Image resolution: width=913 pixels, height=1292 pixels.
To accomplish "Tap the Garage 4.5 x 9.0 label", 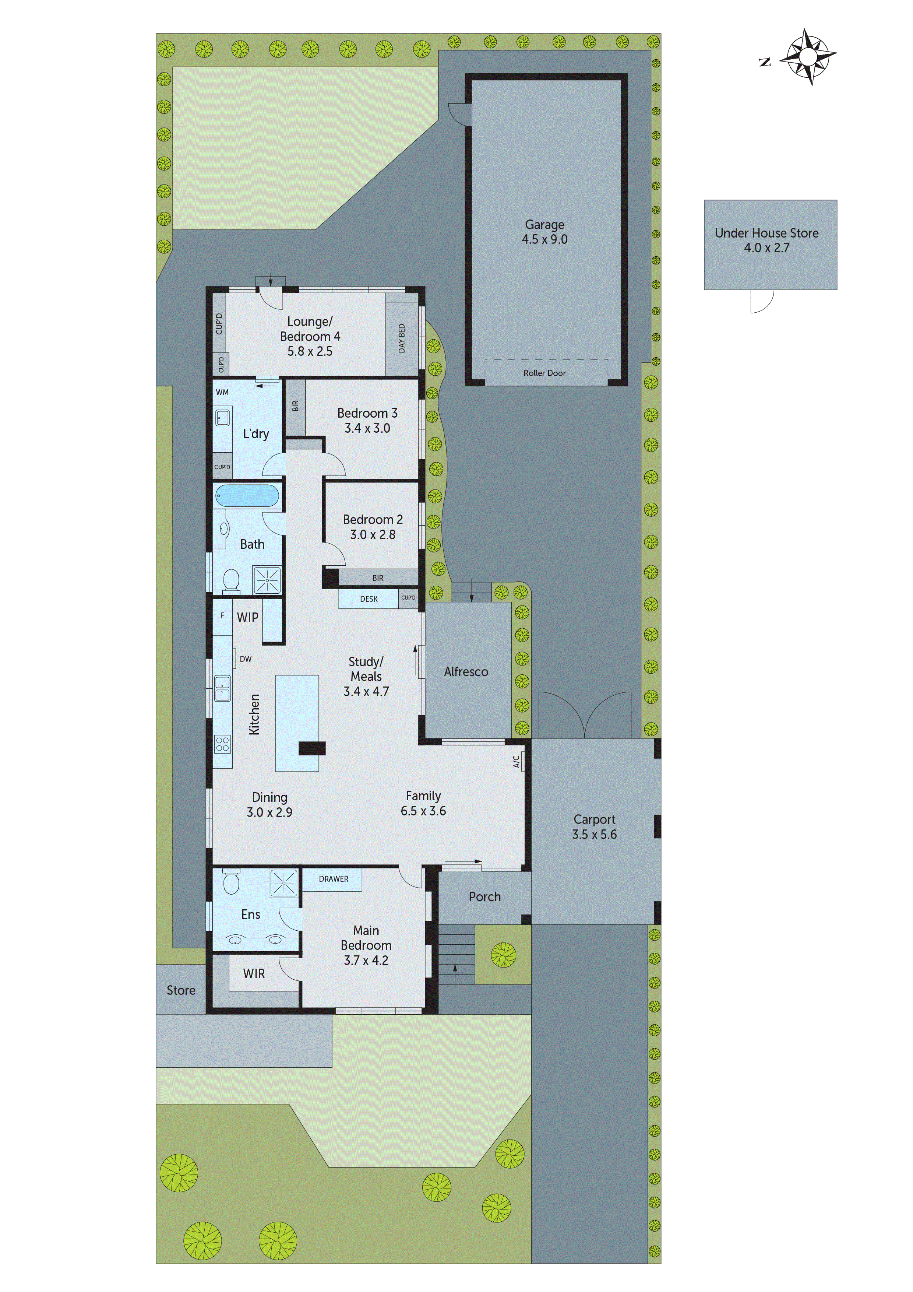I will click(544, 232).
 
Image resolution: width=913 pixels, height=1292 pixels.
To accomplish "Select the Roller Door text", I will click(544, 373).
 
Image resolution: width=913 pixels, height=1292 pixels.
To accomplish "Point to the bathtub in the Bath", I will click(247, 496).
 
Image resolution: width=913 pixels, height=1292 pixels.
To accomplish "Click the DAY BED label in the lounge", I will click(402, 338).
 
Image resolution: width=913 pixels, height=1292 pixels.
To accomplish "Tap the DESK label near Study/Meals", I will click(369, 599).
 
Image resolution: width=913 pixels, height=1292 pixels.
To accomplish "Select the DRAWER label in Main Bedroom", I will click(333, 878).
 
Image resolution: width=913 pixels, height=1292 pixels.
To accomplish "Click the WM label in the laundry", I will click(222, 392).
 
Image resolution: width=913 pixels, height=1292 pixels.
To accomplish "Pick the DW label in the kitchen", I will click(245, 659).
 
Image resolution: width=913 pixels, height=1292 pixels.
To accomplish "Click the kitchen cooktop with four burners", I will click(222, 744).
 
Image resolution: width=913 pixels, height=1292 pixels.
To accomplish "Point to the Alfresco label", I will click(466, 671).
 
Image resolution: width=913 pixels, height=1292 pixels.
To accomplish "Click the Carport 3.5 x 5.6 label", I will click(594, 826).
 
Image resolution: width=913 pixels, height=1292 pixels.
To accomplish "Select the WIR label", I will click(254, 973).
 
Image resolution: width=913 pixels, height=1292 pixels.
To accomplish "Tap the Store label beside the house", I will click(180, 990).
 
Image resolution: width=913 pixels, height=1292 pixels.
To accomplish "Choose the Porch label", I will click(484, 896).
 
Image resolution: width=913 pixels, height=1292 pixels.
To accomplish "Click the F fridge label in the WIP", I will click(222, 615).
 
